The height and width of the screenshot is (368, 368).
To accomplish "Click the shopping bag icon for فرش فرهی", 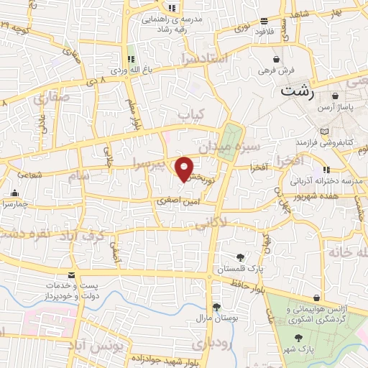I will (277, 60).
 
